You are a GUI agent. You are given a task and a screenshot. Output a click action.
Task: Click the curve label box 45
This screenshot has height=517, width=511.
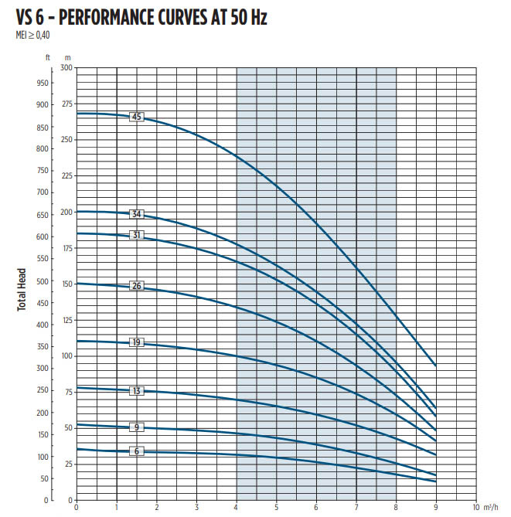pyautogui.click(x=137, y=117)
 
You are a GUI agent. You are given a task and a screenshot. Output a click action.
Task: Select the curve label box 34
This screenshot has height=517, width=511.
pyautogui.click(x=137, y=214)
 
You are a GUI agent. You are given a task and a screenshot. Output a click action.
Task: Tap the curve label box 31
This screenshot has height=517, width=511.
pyautogui.click(x=137, y=235)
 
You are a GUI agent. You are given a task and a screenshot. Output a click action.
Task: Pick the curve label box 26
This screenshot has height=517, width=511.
pyautogui.click(x=137, y=287)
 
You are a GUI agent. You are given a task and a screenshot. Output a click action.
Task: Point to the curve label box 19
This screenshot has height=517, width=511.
pyautogui.click(x=137, y=342)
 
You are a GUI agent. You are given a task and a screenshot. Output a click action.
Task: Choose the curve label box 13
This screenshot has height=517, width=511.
pyautogui.click(x=137, y=391)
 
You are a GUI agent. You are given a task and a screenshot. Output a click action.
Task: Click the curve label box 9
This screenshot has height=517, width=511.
pyautogui.click(x=137, y=427)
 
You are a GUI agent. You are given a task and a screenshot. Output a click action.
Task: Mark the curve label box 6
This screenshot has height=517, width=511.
pyautogui.click(x=137, y=451)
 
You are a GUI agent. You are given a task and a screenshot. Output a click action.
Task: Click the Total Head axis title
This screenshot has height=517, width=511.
pyautogui.click(x=22, y=289)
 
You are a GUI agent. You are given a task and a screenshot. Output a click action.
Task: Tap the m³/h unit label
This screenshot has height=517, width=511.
pyautogui.click(x=492, y=508)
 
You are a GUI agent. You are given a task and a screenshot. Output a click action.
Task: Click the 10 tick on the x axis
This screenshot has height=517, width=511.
pyautogui.click(x=476, y=508)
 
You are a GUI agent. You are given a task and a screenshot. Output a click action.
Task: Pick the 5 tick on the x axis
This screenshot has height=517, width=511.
pyautogui.click(x=276, y=508)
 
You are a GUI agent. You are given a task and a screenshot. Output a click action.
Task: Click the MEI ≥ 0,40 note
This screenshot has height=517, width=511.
pyautogui.click(x=32, y=35)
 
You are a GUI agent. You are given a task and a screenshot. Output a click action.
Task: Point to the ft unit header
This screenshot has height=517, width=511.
pyautogui.click(x=47, y=57)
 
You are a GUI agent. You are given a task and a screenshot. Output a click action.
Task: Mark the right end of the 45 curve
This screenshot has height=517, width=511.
pyautogui.click(x=436, y=365)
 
